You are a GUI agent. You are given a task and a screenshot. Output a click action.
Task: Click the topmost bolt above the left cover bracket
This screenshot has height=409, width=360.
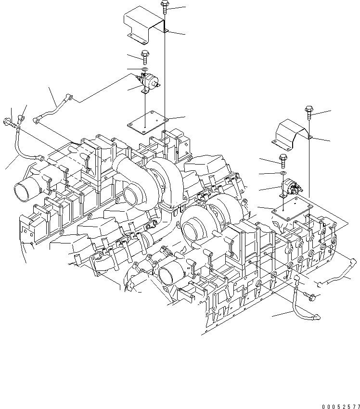tap(165, 6)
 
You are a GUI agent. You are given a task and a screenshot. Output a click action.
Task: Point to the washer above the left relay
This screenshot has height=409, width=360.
tap(144, 70)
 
